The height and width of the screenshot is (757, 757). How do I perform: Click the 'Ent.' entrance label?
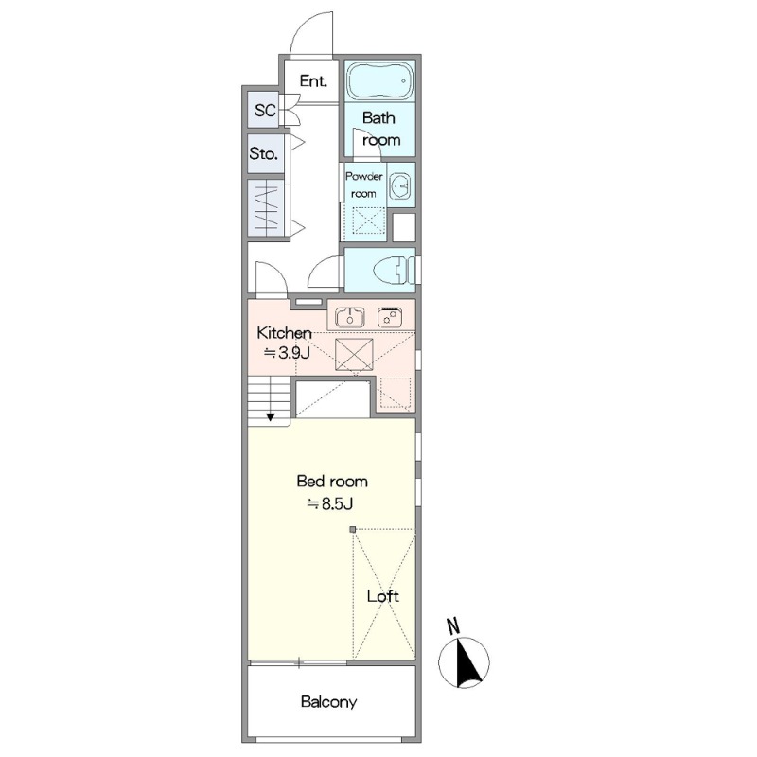point(313,80)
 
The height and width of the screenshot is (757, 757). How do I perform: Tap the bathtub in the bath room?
point(380,81)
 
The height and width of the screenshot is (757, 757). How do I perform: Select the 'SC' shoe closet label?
point(265,111)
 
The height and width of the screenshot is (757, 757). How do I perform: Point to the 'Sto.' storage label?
point(264,154)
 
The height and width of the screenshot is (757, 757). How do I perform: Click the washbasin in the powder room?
point(399,185)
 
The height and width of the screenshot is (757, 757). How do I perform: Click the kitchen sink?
point(349,317)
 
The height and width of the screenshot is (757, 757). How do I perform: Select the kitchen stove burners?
point(390,317)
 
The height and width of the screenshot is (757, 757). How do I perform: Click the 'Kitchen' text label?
point(284,333)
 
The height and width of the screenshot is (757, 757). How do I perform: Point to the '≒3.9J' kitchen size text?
point(287,353)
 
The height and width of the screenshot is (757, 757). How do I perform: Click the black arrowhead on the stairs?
point(271,416)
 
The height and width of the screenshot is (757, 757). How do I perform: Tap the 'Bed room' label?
point(332,482)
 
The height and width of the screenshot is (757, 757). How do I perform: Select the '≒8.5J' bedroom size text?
point(330,503)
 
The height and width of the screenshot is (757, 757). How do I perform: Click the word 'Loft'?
point(383,596)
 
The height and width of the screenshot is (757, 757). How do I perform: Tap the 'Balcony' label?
point(328,701)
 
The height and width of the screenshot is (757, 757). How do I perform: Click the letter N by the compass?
point(453,626)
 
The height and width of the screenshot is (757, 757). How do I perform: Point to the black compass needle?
point(467,662)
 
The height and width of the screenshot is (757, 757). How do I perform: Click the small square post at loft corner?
point(353,530)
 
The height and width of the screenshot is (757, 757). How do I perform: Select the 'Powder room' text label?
point(364,185)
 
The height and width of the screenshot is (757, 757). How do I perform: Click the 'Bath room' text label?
point(381,129)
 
